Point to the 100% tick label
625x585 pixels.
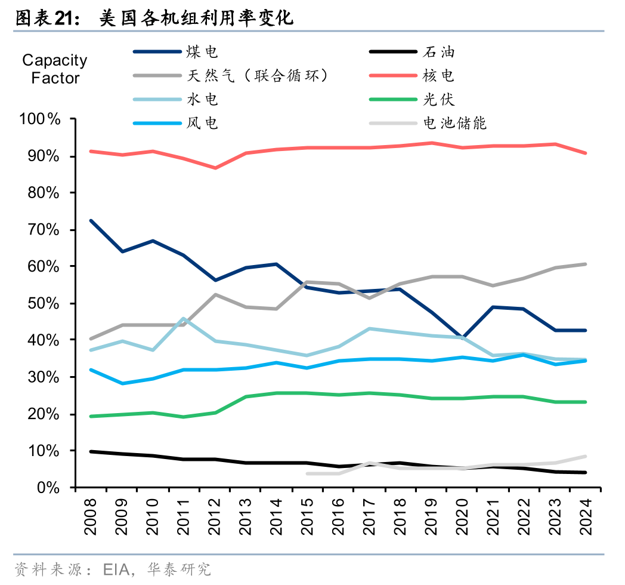tap(41, 119)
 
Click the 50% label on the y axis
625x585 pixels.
tap(44, 304)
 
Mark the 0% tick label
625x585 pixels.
tap(47, 488)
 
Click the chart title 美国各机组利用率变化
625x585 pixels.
tap(196, 19)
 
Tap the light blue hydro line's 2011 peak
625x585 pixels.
tap(184, 319)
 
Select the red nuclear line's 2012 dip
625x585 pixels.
tap(215, 168)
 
